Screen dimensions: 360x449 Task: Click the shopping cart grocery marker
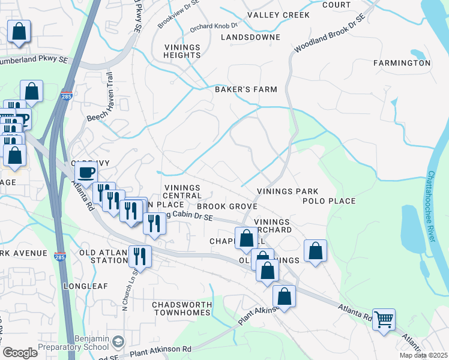[x=384, y=319]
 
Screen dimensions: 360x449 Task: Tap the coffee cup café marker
[x=86, y=173]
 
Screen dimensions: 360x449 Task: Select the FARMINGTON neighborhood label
[x=402, y=62]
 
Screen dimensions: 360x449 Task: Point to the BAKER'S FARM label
[x=246, y=89]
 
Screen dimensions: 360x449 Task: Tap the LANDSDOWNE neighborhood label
[x=250, y=37]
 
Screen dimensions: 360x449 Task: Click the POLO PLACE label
[x=329, y=201]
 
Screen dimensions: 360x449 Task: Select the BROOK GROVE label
[x=231, y=206]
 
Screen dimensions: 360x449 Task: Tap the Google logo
[x=20, y=352]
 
